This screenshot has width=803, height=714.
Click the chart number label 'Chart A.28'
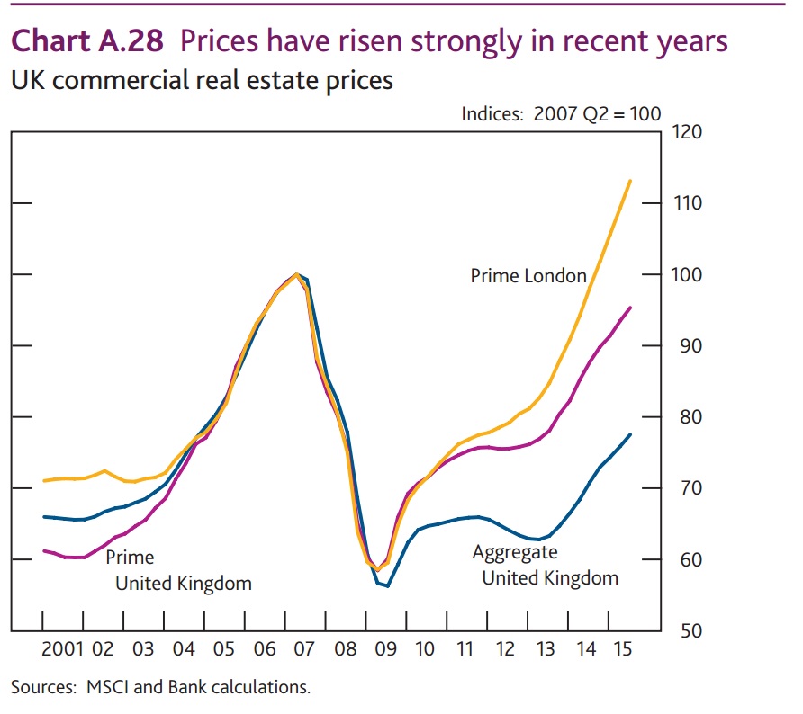pos(86,42)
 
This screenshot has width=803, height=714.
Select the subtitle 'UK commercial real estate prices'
pos(202,81)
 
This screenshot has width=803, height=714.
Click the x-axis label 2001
pos(63,648)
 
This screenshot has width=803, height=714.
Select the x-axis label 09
pos(386,648)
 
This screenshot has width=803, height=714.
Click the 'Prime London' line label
pos(528,276)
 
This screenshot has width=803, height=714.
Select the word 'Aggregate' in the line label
pos(515,552)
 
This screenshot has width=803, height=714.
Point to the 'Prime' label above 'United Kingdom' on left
pos(130,558)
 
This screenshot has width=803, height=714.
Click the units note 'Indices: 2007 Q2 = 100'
pos(561,114)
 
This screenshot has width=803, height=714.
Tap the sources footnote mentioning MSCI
pos(160,687)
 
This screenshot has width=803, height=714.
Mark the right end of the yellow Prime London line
pos(630,181)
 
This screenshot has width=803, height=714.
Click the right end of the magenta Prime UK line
pos(630,308)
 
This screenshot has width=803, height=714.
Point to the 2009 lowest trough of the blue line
pos(387,586)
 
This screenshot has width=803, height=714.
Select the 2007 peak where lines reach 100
pos(296,274)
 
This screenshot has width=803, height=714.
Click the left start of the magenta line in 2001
pos(44,550)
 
